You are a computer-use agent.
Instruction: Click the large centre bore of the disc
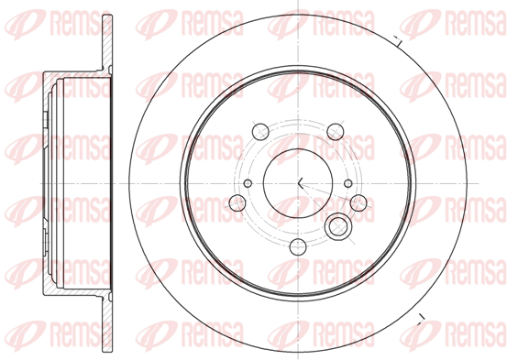pyautogui.click(x=298, y=183)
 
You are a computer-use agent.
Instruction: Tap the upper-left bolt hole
pyautogui.click(x=260, y=132)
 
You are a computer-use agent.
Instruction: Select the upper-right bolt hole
pyautogui.click(x=336, y=132)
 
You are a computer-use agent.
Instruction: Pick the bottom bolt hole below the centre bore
pyautogui.click(x=298, y=246)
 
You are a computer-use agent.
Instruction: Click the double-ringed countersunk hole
pyautogui.click(x=338, y=227)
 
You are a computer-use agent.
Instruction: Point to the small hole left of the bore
pyautogui.click(x=248, y=183)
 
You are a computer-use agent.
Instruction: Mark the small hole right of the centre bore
pyautogui.click(x=348, y=183)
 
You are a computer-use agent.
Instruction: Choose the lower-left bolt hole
pyautogui.click(x=237, y=203)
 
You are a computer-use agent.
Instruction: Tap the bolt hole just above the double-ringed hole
pyautogui.click(x=358, y=203)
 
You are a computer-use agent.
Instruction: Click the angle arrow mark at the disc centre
pyautogui.click(x=300, y=183)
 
